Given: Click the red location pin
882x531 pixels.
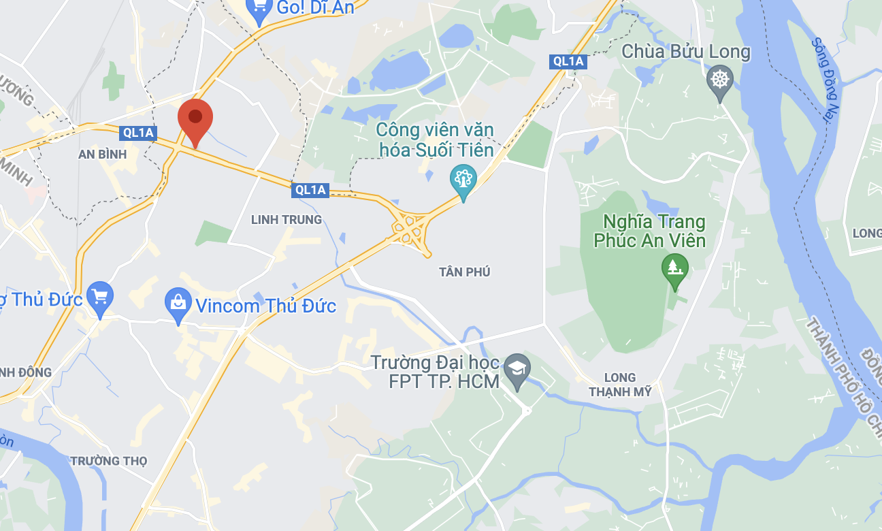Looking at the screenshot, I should click(195, 120).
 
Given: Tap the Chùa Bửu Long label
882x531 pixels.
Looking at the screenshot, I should click(686, 52).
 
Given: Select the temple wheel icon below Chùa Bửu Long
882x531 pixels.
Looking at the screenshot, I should click(719, 80).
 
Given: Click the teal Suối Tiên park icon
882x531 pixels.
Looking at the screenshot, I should click(463, 180).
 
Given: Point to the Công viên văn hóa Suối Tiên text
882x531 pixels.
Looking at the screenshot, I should click(435, 139).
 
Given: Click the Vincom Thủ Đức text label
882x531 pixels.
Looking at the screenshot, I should click(265, 306).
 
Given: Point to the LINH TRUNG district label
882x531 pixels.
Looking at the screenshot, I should click(286, 219).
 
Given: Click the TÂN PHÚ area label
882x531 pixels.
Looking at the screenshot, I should click(465, 272).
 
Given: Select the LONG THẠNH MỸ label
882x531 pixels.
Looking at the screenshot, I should click(620, 385).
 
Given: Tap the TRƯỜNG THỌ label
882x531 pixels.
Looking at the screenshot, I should click(109, 461).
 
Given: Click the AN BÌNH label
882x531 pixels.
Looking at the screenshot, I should click(103, 155).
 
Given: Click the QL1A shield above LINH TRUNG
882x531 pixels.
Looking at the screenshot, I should click(310, 190).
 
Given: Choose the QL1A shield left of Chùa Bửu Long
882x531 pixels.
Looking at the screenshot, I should click(568, 61).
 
